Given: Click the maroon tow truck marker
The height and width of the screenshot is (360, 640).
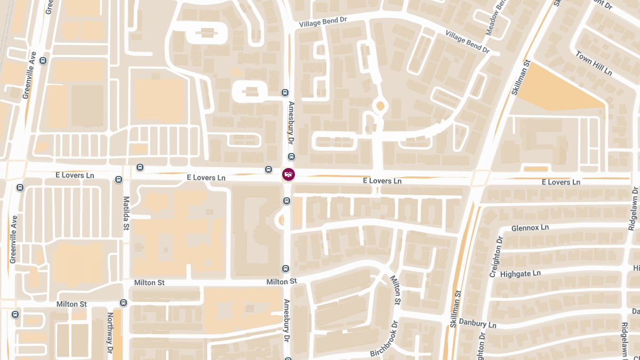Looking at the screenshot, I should (x=288, y=174).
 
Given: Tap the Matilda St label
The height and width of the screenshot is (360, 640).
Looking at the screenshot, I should (x=126, y=213).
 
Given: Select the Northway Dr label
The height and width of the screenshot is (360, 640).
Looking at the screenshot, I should (x=110, y=331).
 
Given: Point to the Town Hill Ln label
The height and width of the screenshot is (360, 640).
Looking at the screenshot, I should (x=594, y=63).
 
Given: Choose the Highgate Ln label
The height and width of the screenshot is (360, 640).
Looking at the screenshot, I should (x=521, y=274).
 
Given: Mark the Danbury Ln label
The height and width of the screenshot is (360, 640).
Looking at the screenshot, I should (x=477, y=324).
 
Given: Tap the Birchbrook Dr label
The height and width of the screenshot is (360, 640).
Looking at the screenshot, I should (x=384, y=339).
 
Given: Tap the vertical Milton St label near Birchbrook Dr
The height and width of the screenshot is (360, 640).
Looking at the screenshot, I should (x=395, y=290).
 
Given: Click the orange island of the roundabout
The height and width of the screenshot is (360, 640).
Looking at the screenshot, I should (x=380, y=106).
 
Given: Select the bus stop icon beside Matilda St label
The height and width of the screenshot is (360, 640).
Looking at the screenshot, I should (x=118, y=180).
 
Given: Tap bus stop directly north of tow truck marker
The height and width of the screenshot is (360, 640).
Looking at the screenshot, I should (x=291, y=157).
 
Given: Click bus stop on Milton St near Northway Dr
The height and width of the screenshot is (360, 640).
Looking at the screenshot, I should (x=124, y=303).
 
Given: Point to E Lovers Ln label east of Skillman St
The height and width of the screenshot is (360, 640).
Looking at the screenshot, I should (x=561, y=182).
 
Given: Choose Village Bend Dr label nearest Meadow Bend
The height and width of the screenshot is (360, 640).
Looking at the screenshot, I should (x=467, y=43).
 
